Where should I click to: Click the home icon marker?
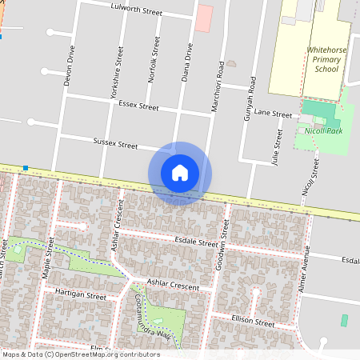[180, 173]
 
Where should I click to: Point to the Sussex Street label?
[116, 145]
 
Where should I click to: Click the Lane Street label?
[274, 114]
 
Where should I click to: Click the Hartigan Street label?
[80, 295]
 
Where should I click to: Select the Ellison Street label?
[253, 324]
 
